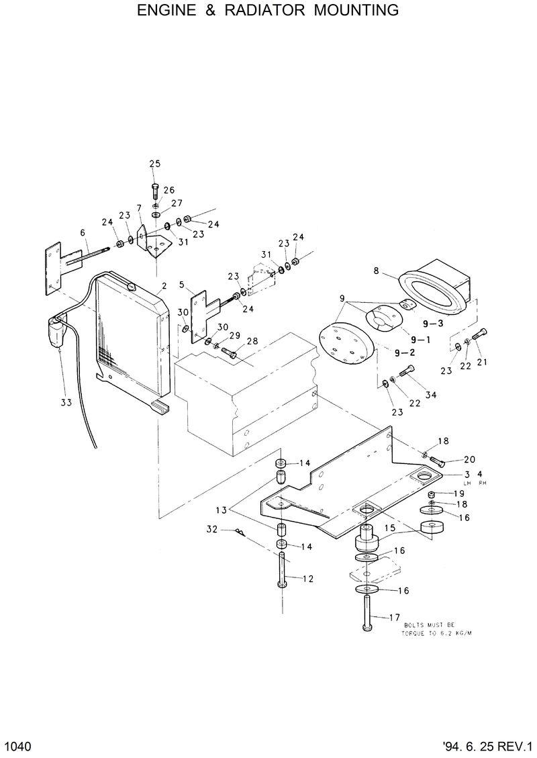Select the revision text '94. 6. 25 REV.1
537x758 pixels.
tap(487, 747)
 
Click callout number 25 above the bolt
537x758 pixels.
tap(155, 164)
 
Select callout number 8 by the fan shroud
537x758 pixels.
tap(377, 271)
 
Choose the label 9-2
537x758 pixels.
tap(404, 352)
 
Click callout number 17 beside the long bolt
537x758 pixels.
tap(394, 617)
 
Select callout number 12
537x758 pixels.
tap(307, 578)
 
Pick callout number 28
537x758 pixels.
tap(252, 342)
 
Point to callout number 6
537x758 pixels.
tap(83, 232)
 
